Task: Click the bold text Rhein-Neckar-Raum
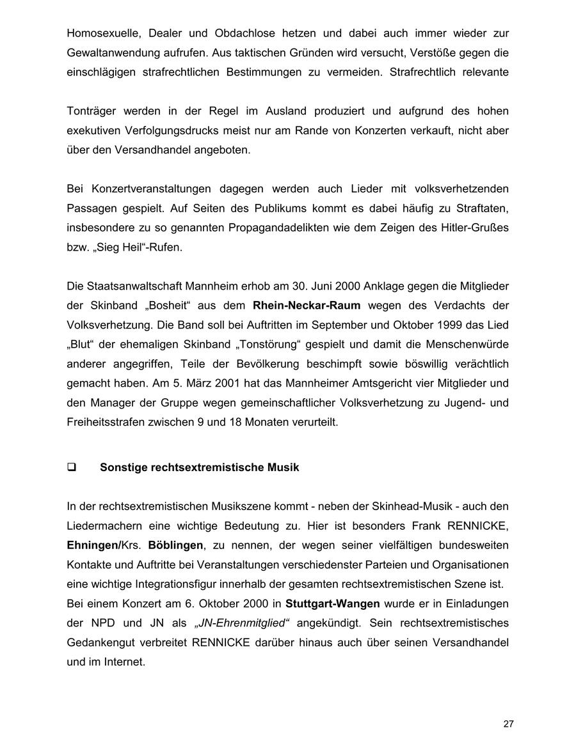pos(307,306)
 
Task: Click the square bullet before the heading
pos(72,467)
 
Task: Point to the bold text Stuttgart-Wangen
pos(333,604)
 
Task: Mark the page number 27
pos(508,724)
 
